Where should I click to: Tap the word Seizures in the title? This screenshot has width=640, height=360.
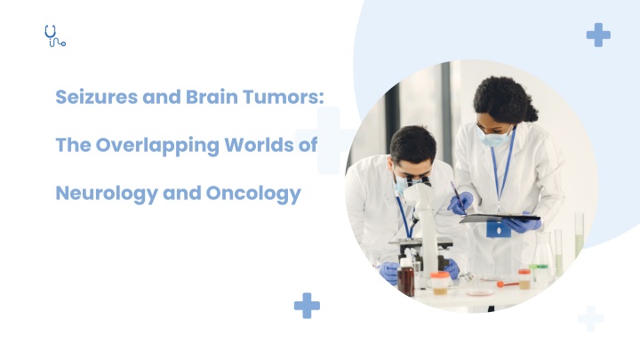click(x=96, y=97)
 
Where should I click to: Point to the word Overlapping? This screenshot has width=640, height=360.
click(x=157, y=146)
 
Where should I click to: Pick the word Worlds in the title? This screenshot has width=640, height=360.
click(x=259, y=145)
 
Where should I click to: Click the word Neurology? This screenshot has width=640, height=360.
click(x=107, y=194)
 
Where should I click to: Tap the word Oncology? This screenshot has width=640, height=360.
click(x=253, y=194)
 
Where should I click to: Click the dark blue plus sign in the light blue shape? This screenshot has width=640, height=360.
click(x=598, y=35)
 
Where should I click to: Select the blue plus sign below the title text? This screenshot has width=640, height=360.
click(x=307, y=305)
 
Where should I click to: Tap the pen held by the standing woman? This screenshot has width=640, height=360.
click(x=458, y=196)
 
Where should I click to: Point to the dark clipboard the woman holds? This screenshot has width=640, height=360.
click(x=500, y=219)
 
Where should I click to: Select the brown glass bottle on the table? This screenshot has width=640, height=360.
click(x=405, y=276)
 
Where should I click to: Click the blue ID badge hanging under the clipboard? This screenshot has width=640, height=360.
click(x=499, y=229)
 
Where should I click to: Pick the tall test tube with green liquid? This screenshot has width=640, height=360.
click(x=580, y=235)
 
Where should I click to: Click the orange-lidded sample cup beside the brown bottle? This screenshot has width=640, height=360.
click(x=440, y=284)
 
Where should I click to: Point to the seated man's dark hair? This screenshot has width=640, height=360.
click(x=412, y=145)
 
